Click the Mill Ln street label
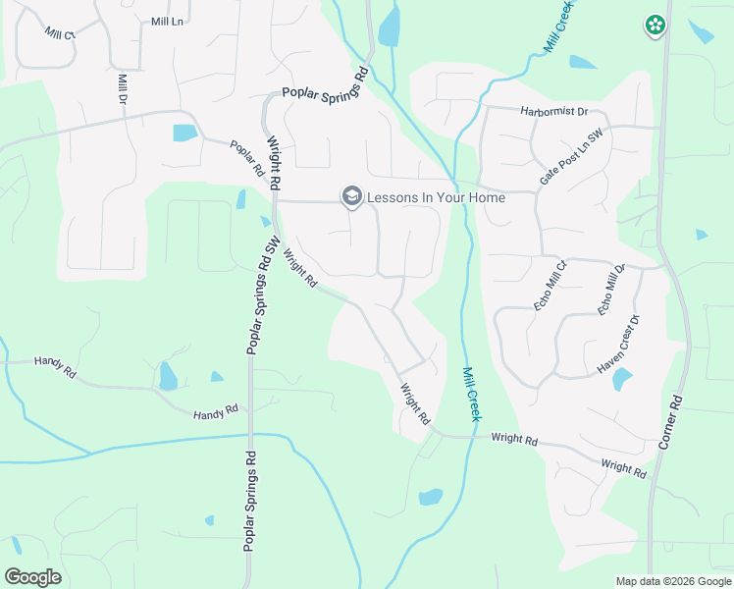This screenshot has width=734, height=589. (168, 21)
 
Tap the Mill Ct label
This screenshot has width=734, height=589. (60, 33)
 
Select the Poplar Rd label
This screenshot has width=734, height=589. (247, 158)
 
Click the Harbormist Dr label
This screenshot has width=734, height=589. (553, 111)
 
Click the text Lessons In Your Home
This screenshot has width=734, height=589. (436, 197)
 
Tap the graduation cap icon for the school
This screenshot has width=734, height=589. (351, 197)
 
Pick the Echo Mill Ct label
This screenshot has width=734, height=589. (550, 286)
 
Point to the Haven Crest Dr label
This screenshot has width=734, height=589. (618, 345)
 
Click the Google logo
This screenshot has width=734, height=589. (32, 577)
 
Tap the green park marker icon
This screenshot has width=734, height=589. (655, 26)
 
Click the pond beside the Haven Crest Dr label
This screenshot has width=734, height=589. (622, 379)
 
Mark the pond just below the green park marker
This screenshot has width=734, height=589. (701, 31)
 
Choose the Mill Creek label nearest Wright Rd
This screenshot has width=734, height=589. (470, 395)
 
